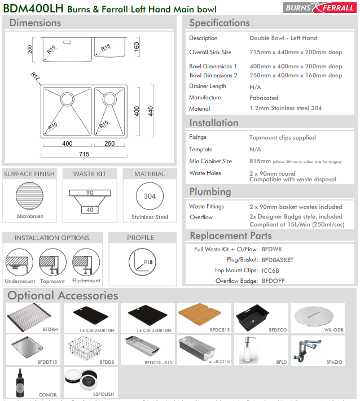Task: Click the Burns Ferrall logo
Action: click(321, 7)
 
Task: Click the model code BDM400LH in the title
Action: click(33, 8)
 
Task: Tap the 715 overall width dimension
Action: click(84, 154)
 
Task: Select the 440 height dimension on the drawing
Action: click(151, 111)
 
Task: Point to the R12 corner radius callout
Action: click(36, 76)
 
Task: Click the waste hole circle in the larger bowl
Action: click(67, 99)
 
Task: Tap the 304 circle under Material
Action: click(150, 197)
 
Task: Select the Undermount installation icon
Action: click(20, 264)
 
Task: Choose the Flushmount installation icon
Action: click(86, 264)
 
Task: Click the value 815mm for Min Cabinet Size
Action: click(260, 161)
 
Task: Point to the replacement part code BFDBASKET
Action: click(278, 260)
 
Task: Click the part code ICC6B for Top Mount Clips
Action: click(270, 271)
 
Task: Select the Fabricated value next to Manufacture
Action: click(264, 98)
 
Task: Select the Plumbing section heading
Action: click(210, 191)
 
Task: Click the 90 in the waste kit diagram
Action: click(89, 193)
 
